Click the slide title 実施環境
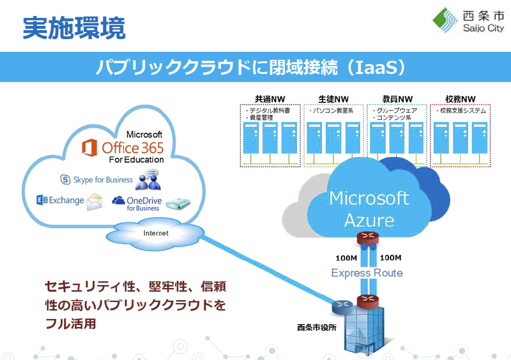[74, 27]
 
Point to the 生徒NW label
[333, 99]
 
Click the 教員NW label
[397, 99]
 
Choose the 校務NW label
[460, 99]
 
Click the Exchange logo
[60, 200]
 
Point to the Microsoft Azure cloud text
[369, 209]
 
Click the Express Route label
[367, 273]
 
